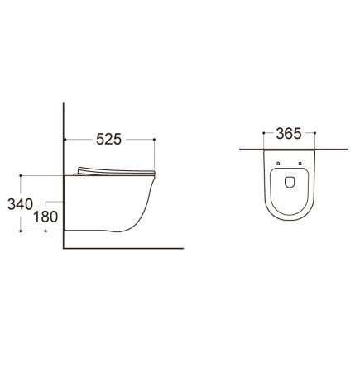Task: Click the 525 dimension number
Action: coord(108,139)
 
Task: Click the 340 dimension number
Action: coord(21,204)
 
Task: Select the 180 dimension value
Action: coord(46,217)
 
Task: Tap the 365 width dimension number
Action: coord(289,134)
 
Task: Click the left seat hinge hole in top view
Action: coord(278,164)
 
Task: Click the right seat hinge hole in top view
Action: coord(300,164)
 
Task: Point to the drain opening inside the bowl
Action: coord(290,182)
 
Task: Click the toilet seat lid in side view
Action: coord(117,171)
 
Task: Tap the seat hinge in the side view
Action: coord(79,174)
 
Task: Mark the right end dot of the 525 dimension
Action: coord(154,140)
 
